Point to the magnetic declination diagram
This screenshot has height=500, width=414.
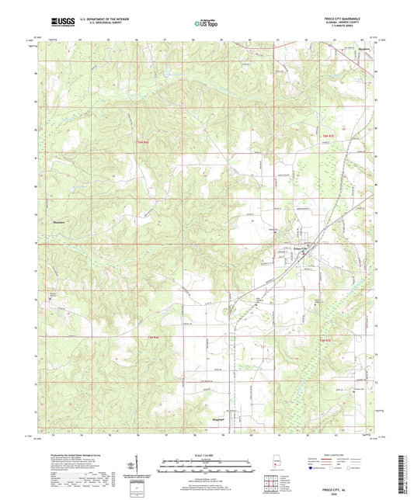click(x=141, y=470)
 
